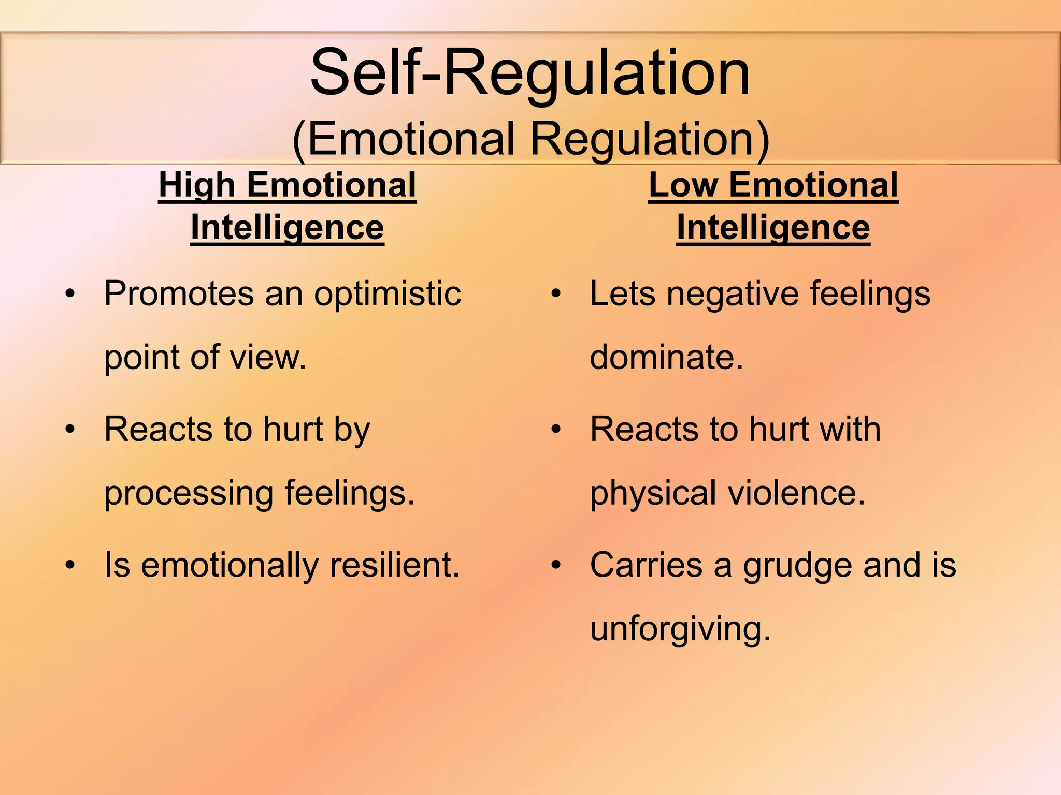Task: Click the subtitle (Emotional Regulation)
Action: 530,139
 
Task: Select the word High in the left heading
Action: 197,185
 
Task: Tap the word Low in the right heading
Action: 683,185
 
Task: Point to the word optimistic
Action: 387,294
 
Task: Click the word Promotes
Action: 179,294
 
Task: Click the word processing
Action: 189,493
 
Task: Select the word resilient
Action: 395,565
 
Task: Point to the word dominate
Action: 666,357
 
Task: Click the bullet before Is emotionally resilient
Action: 70,565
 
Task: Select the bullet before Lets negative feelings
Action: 556,294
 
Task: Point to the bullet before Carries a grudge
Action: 556,565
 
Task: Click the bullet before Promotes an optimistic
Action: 70,294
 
